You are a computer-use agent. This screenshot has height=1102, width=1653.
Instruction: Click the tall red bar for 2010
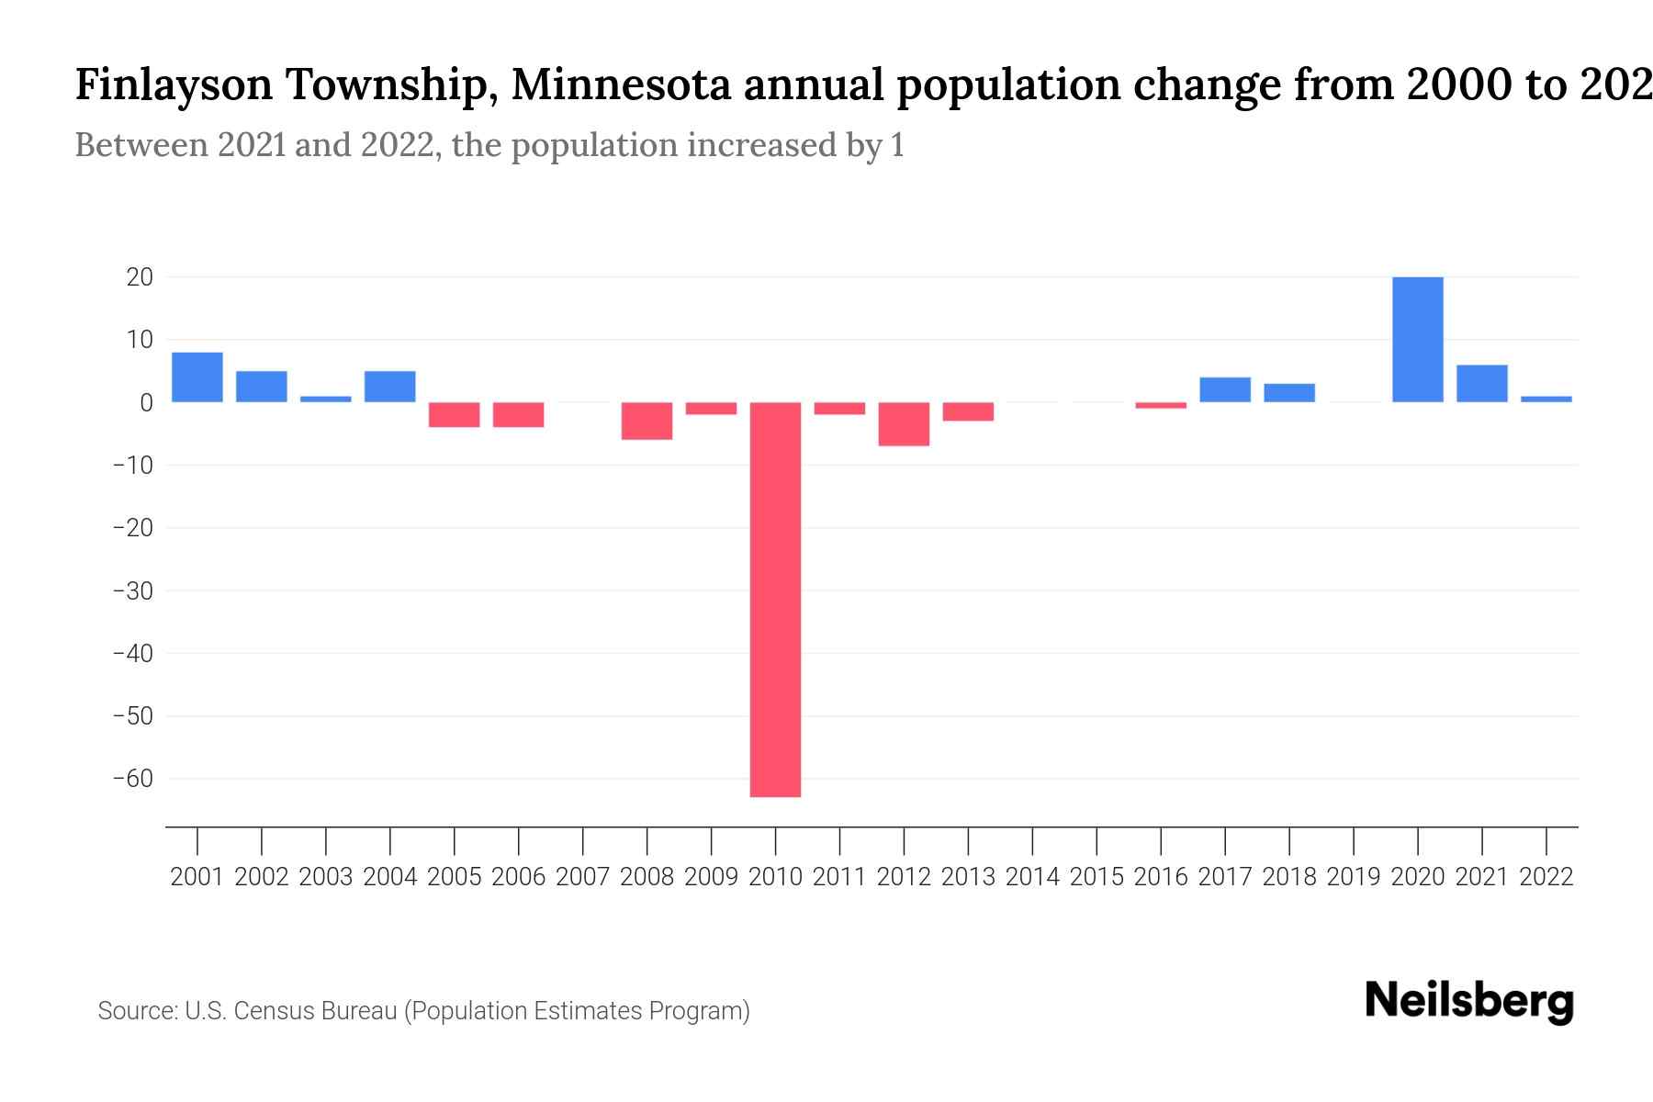[x=775, y=599]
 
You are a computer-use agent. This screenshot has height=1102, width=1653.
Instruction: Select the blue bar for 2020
[x=1417, y=340]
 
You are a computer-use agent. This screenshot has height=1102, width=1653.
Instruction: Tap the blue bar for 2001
[x=197, y=377]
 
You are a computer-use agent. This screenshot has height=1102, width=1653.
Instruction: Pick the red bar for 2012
[x=904, y=424]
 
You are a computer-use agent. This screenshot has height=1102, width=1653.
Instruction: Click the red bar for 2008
[x=647, y=421]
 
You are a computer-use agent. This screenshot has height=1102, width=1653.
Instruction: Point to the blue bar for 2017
[x=1224, y=390]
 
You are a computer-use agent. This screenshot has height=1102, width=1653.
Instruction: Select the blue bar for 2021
[x=1481, y=384]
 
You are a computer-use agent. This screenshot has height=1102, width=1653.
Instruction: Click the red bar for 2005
[x=454, y=414]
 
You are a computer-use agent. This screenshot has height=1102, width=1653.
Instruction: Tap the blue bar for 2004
[x=389, y=387]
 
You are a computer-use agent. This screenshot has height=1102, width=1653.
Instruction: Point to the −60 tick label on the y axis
[x=132, y=779]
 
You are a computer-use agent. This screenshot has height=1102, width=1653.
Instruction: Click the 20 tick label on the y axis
[x=140, y=277]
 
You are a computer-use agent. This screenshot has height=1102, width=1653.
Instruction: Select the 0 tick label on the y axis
[x=146, y=403]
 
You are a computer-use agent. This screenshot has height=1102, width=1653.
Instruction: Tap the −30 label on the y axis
[x=132, y=590]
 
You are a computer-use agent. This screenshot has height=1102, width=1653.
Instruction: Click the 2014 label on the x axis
[x=1032, y=877]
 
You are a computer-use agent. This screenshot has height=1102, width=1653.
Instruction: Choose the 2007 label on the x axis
[x=582, y=877]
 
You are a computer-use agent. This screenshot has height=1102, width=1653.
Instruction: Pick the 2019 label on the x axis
[x=1353, y=877]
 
